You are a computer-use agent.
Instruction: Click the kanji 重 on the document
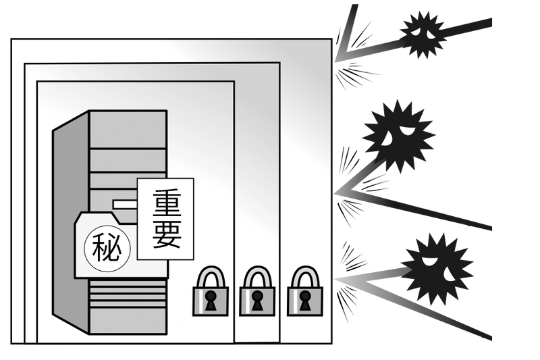pos(165,203)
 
